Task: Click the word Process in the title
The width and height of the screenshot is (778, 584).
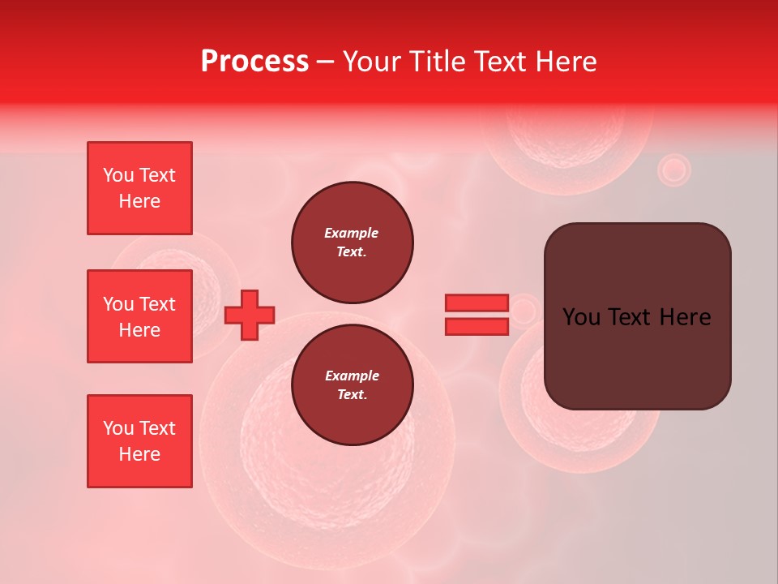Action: click(254, 61)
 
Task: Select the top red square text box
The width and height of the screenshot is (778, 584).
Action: click(139, 188)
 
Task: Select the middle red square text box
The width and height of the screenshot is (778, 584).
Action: click(139, 316)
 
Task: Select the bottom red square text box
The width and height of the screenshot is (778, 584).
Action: click(139, 441)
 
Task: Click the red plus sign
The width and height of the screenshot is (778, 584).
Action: click(250, 315)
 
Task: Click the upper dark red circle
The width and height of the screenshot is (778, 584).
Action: click(353, 243)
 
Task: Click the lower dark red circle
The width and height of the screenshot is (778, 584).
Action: click(353, 385)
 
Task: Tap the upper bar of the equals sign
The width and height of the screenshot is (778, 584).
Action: click(477, 303)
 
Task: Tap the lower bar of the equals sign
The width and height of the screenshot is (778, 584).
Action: click(477, 326)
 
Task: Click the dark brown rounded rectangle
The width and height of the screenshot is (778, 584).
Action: click(637, 357)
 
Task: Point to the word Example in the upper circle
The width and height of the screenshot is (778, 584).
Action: click(351, 233)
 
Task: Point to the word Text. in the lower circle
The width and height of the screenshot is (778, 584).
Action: click(352, 395)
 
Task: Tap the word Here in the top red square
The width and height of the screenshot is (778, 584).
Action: click(139, 201)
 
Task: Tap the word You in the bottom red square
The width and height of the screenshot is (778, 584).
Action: click(118, 428)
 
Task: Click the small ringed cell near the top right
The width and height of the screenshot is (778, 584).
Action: click(673, 170)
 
